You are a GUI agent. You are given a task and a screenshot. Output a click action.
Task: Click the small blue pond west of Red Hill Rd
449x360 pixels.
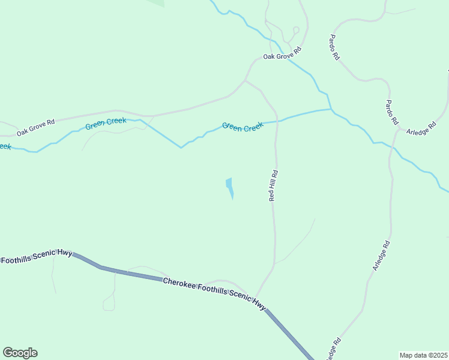point(229,187)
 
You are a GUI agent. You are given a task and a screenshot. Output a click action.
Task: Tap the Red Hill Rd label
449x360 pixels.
point(273,185)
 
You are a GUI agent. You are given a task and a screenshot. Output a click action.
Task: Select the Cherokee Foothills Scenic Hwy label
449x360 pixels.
point(214,293)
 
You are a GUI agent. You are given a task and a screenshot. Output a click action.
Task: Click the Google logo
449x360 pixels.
point(20,353)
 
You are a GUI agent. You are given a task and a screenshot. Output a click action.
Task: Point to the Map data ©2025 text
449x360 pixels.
point(424,355)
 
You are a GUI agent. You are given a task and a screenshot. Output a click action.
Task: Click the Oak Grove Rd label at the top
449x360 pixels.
point(281,56)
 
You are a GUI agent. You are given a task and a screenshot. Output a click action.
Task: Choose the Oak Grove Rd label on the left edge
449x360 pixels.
point(35,127)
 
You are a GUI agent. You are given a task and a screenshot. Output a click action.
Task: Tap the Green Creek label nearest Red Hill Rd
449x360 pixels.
point(243,127)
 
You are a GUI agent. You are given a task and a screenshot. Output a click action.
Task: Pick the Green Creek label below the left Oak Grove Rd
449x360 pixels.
point(106,124)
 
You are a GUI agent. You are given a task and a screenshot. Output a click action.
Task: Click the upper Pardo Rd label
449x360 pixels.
point(334,47)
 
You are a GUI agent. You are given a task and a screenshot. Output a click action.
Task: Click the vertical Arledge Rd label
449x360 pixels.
point(381,256)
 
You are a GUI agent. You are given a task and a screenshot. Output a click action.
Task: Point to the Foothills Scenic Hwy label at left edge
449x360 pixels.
point(36,257)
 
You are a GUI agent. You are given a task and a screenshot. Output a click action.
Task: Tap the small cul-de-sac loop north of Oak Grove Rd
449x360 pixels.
point(295,29)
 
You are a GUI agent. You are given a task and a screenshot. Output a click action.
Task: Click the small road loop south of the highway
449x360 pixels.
point(109,306)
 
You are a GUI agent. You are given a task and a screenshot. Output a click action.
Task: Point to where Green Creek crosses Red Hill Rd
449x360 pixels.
point(277,121)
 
